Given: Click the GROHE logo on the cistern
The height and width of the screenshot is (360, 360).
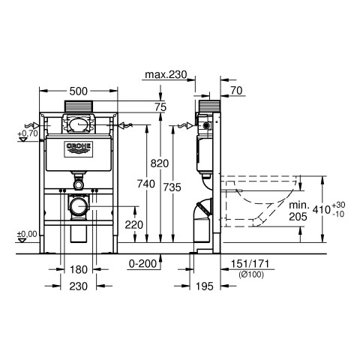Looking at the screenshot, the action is [x=79, y=149].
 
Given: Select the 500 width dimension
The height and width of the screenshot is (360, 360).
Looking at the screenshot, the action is [x=78, y=91].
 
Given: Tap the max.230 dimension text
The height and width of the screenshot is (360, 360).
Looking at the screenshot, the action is [x=166, y=74].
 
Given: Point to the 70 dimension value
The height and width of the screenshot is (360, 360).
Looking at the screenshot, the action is [x=236, y=91].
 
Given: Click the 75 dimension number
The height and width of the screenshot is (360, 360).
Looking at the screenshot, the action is [x=160, y=107].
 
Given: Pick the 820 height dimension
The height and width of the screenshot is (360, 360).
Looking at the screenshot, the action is [x=160, y=163].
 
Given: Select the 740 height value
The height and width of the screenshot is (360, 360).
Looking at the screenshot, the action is [x=146, y=184].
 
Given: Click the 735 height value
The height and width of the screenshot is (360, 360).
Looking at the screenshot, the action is [x=172, y=187].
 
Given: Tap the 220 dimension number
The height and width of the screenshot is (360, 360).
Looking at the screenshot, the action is [x=134, y=225].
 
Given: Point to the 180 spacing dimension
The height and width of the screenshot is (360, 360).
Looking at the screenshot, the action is [x=79, y=270].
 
